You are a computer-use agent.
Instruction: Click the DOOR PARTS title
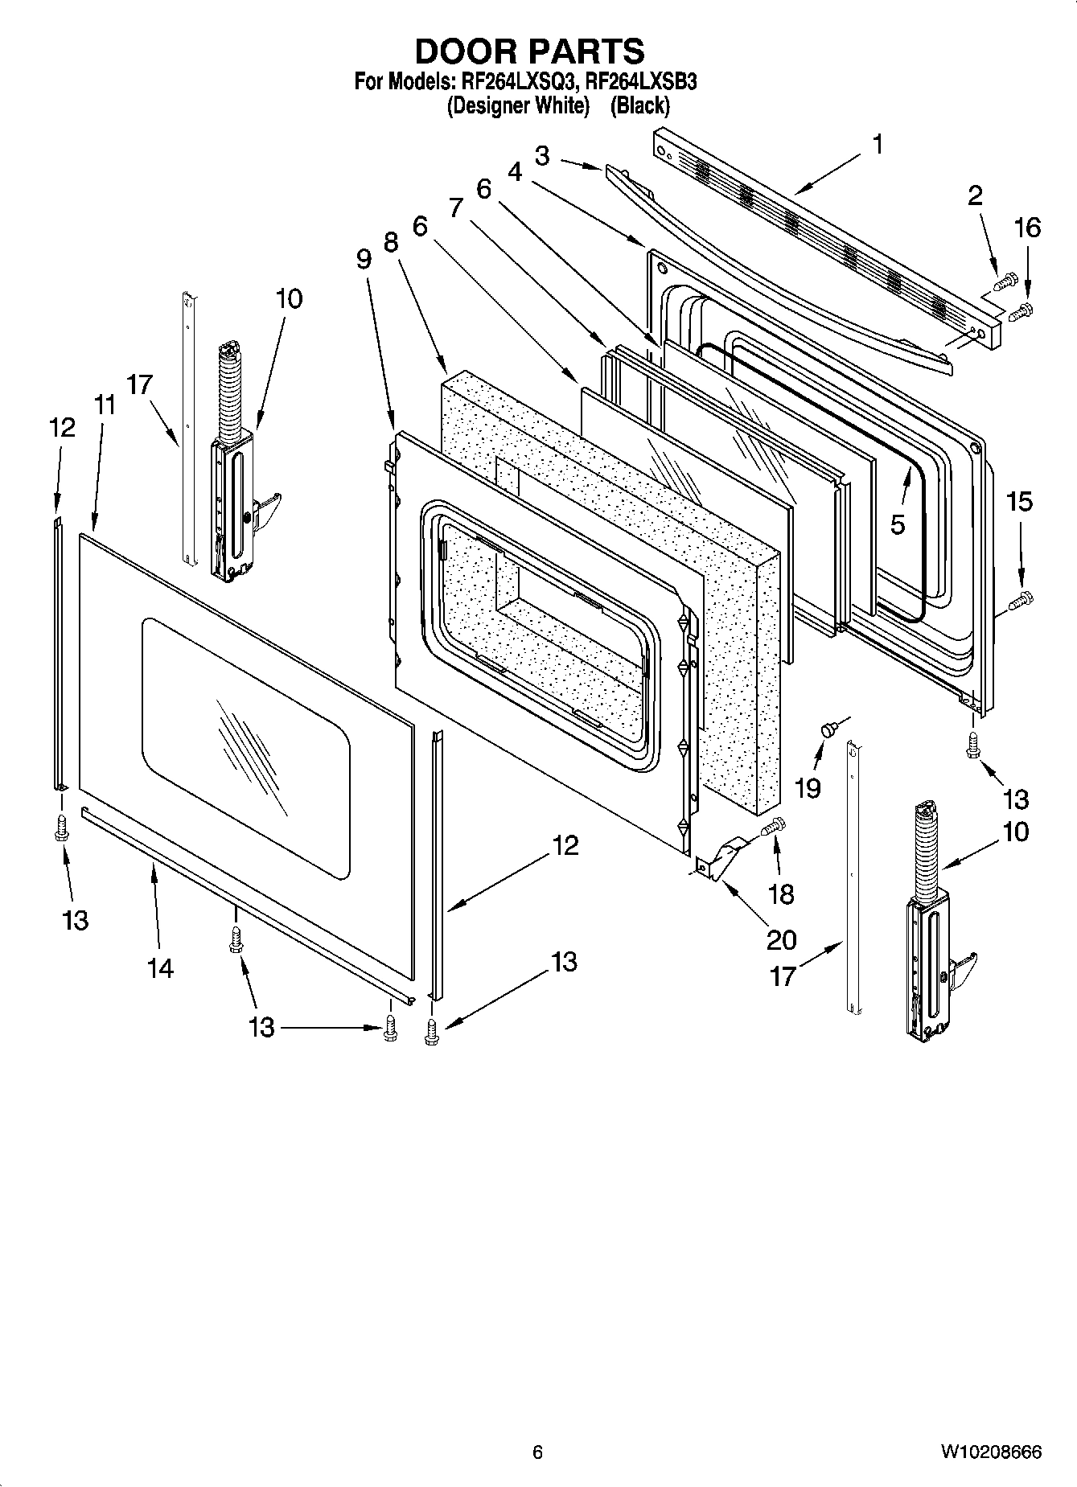point(529,51)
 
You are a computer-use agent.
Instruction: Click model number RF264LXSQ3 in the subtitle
point(517,81)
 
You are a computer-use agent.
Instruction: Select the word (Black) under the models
point(640,105)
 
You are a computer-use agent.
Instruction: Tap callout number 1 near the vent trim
point(878,145)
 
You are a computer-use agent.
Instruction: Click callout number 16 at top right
point(1027,228)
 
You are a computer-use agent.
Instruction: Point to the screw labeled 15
point(1022,598)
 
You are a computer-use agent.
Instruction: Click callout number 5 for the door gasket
point(898,524)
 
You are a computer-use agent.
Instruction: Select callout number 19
point(808,788)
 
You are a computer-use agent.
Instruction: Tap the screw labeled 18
point(773,825)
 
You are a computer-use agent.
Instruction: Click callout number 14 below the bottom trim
point(160,968)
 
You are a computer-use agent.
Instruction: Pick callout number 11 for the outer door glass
point(103,405)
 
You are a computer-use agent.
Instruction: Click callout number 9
point(364,259)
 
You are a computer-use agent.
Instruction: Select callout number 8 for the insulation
point(392,241)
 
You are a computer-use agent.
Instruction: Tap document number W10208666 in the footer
point(990,1452)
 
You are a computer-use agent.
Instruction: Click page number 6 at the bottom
point(537,1452)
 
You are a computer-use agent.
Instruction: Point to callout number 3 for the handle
point(542,156)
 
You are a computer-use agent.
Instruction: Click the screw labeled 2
point(1004,282)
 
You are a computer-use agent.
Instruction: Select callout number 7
point(456,208)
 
